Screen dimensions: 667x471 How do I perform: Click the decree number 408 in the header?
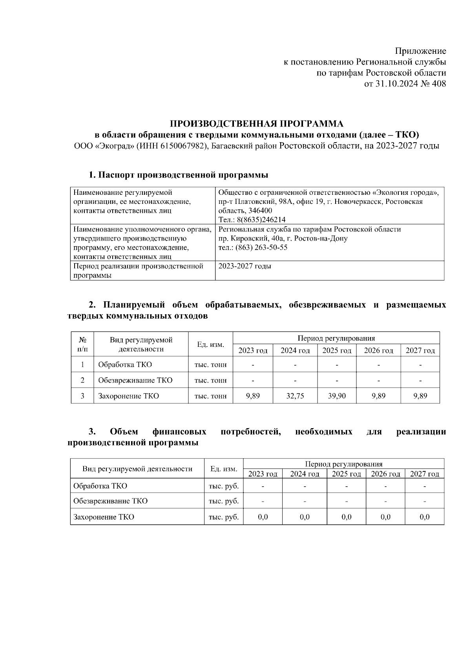pos(438,84)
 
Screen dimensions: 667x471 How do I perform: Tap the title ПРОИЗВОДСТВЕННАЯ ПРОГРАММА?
pos(256,124)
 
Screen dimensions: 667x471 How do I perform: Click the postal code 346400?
pos(260,211)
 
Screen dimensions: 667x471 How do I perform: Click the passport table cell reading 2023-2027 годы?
pos(245,266)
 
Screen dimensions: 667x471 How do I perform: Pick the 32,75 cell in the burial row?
pos(295,396)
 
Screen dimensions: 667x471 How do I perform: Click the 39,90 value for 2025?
pos(337,396)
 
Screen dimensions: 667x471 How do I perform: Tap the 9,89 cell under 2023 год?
pos(253,396)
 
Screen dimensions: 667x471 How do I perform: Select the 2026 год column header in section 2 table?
pos(378,351)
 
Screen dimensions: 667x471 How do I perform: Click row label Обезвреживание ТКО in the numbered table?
pos(135,380)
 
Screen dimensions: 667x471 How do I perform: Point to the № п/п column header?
pos(82,344)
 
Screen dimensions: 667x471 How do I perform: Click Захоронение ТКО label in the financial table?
pos(104,517)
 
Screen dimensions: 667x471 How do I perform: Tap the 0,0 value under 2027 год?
pos(424,517)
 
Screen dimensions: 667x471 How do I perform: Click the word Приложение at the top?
pos(420,51)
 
